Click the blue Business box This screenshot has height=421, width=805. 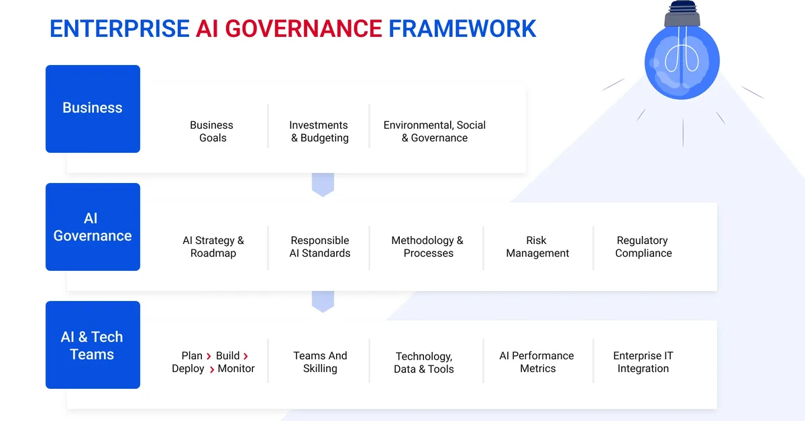pyautogui.click(x=93, y=109)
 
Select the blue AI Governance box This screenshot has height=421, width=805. pyautogui.click(x=93, y=227)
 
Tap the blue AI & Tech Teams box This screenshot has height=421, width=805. pyautogui.click(x=93, y=345)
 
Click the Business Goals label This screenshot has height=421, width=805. pyautogui.click(x=212, y=131)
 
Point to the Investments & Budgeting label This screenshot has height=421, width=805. pyautogui.click(x=319, y=131)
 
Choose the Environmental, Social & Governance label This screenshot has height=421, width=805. pyautogui.click(x=435, y=131)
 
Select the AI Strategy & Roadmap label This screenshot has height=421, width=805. pyautogui.click(x=213, y=247)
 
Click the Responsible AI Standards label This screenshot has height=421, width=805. pyautogui.click(x=320, y=247)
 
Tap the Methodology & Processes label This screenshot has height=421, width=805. pyautogui.click(x=428, y=247)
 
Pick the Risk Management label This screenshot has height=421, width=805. pyautogui.click(x=537, y=247)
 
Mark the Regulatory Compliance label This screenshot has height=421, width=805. pyautogui.click(x=643, y=247)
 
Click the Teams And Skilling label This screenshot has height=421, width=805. pyautogui.click(x=320, y=362)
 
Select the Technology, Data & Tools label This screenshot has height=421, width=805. pyautogui.click(x=424, y=363)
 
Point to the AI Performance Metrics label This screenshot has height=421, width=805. pyautogui.click(x=537, y=362)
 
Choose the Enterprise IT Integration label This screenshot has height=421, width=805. pyautogui.click(x=643, y=362)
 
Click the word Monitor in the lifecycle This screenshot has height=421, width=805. pyautogui.click(x=236, y=369)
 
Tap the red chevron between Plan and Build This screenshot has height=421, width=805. pyautogui.click(x=209, y=356)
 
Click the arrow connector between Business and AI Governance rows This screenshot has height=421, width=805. pyautogui.click(x=323, y=184)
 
